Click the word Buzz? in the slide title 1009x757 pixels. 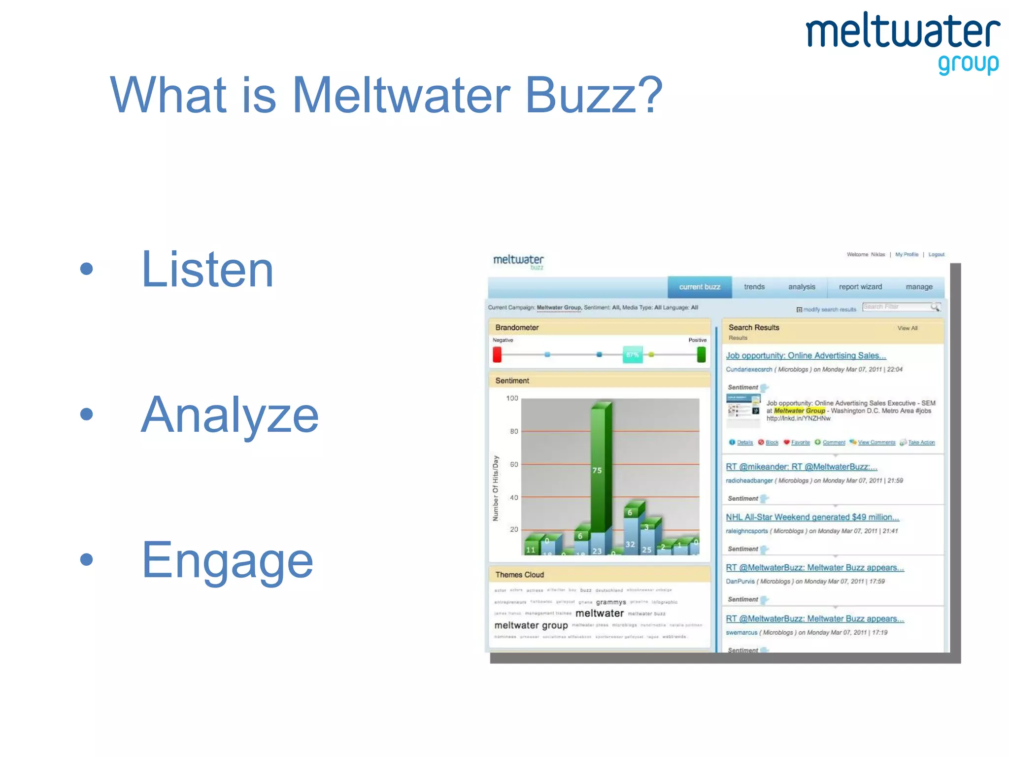[594, 95]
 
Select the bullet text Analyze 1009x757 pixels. [230, 415]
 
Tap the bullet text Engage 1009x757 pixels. [227, 560]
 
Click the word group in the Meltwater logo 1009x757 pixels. [968, 64]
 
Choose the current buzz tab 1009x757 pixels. [699, 287]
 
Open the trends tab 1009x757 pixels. [754, 287]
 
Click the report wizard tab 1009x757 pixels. [860, 287]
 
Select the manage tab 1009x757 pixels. [918, 287]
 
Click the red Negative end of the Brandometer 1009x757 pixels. [497, 354]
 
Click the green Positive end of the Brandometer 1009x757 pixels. [701, 354]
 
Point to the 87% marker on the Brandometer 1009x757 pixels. [633, 354]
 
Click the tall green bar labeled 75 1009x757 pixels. [600, 468]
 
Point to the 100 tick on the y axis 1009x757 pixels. [512, 398]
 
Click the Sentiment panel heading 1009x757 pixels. [512, 380]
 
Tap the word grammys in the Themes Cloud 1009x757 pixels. [610, 602]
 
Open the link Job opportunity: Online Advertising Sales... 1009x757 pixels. [806, 355]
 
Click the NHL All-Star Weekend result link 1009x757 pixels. [812, 517]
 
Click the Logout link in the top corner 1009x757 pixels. [936, 255]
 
